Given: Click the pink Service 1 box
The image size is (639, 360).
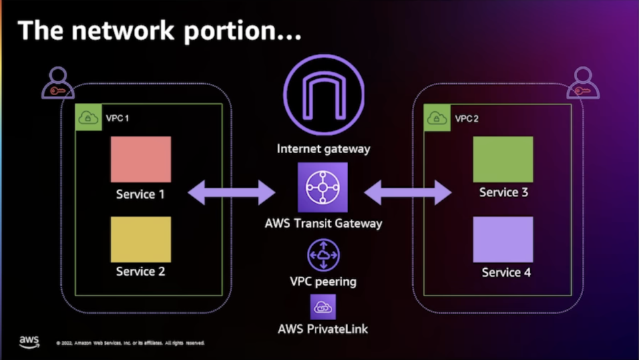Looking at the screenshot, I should click(x=140, y=159).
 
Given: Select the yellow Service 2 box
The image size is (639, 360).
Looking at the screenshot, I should click(x=140, y=239).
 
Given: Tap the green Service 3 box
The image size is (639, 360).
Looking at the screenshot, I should click(x=503, y=159).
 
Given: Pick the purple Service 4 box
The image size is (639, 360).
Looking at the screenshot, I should click(x=503, y=239).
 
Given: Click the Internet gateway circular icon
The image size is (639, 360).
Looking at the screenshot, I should click(x=323, y=90).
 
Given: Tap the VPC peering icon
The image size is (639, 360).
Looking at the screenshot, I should click(x=323, y=255).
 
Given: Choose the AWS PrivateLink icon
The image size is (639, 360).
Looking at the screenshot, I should click(x=323, y=307).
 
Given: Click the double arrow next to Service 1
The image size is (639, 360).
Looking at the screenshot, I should click(x=231, y=193).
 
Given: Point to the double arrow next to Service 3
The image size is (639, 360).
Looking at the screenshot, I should click(x=407, y=193).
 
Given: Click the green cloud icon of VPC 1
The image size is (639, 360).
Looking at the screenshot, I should click(x=88, y=118).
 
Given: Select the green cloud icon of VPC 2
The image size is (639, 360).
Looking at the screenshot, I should click(x=437, y=118).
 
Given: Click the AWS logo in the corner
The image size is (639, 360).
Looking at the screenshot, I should click(x=29, y=341).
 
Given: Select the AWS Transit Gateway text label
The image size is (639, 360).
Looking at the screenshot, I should click(x=323, y=223).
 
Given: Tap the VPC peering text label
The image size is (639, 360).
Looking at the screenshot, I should click(x=323, y=281).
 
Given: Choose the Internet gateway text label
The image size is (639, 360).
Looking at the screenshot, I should click(x=323, y=148).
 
